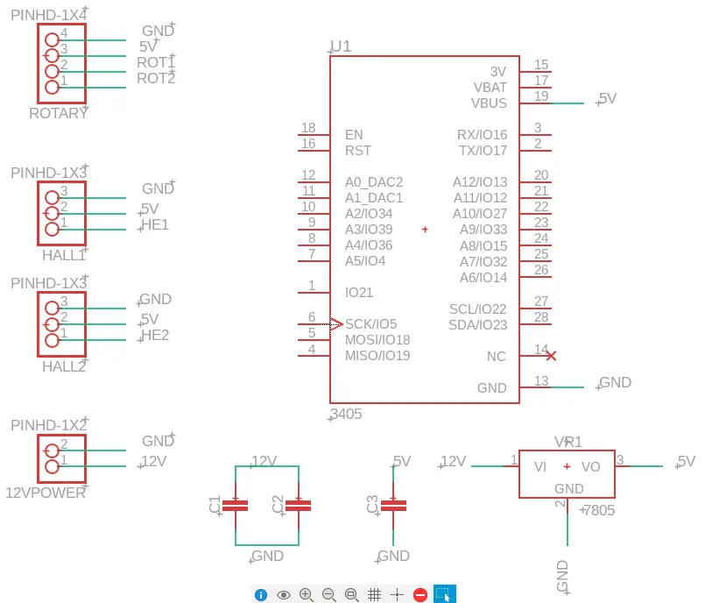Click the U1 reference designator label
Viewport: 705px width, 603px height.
tap(341, 46)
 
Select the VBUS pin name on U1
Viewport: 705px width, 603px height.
tap(489, 103)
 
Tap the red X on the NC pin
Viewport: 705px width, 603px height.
tap(551, 356)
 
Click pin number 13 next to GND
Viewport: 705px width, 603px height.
tap(541, 380)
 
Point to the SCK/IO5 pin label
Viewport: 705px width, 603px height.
tap(371, 324)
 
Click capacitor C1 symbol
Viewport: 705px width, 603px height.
tap(236, 506)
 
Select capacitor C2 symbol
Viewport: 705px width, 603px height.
tap(298, 506)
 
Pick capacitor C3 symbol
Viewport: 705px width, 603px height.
tap(393, 506)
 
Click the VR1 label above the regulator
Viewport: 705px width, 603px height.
tap(568, 442)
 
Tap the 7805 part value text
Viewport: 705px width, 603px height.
tap(599, 510)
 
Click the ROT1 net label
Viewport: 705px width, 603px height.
tap(156, 62)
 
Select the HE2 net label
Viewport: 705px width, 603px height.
tap(155, 336)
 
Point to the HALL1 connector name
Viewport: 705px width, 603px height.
tap(64, 255)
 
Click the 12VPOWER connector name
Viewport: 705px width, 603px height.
tap(46, 493)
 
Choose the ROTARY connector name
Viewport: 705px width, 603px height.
tap(58, 113)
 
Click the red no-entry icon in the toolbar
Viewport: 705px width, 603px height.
tap(420, 595)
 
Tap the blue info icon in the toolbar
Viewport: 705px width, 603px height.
tap(261, 595)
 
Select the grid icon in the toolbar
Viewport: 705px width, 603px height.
tap(374, 595)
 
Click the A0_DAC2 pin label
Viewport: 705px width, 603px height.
tap(374, 182)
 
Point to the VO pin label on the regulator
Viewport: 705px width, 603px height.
tap(590, 466)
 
